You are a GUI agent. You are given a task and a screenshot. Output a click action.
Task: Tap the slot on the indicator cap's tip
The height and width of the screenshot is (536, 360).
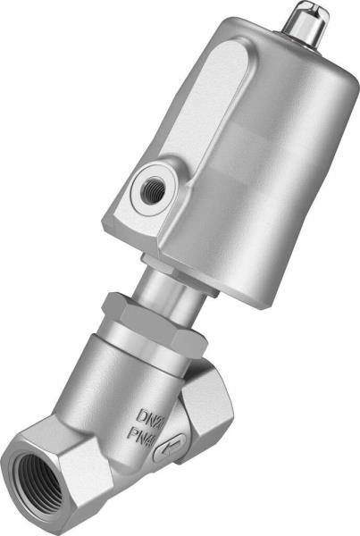click(308, 10)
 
